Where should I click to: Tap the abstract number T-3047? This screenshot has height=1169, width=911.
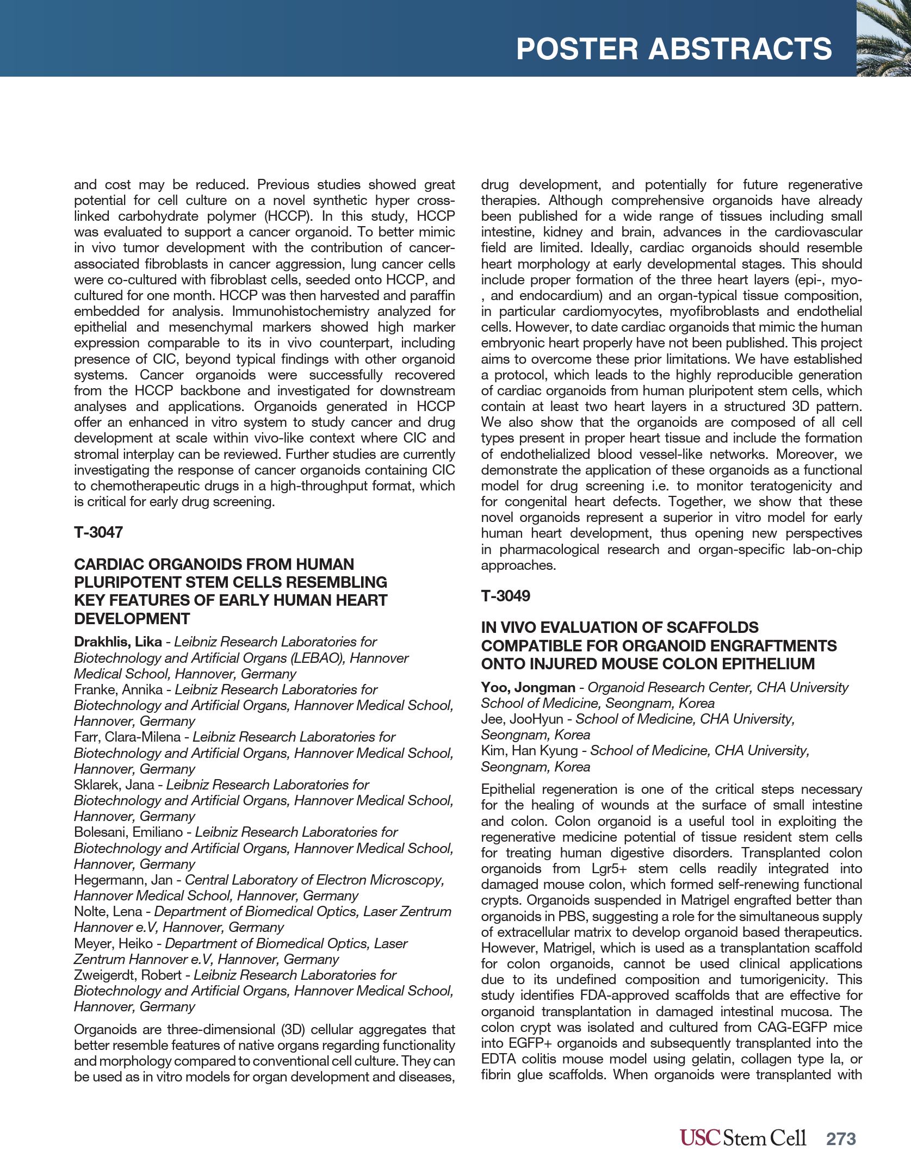pos(98,532)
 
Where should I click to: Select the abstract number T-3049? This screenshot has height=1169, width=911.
pos(505,596)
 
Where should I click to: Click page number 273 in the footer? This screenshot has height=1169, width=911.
pos(841,1139)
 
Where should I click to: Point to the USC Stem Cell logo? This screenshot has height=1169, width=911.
pos(742,1138)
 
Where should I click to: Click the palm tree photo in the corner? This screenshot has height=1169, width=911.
pos(883,38)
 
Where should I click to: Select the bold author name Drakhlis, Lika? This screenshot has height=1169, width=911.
pos(118,642)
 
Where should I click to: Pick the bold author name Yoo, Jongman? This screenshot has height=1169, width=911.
pos(528,688)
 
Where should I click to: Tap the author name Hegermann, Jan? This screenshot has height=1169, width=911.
pos(123,880)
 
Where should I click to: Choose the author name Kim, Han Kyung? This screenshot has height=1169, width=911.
pos(529,751)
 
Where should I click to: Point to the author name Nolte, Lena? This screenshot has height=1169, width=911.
pos(108,912)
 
